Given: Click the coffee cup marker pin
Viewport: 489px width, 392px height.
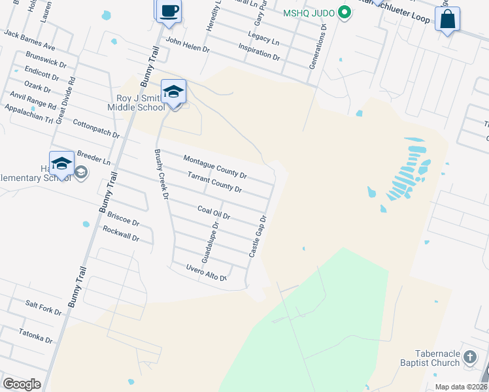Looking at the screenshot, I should [x=169, y=11].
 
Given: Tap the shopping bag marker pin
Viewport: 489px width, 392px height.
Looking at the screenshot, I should [x=447, y=19].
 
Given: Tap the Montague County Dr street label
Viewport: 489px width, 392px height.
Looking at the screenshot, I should [x=214, y=167].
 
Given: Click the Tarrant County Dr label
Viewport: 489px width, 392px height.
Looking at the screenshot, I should [x=214, y=182].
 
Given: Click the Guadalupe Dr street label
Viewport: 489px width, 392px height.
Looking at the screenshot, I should [x=209, y=242].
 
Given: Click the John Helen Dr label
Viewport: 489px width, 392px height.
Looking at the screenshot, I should [x=188, y=44].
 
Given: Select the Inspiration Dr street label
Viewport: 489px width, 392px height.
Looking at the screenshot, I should [x=259, y=52].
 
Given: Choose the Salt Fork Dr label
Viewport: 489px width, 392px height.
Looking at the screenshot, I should [x=43, y=308].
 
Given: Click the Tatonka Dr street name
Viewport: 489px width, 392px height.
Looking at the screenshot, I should [x=35, y=336].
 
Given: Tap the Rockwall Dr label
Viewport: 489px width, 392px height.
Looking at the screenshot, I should [x=121, y=233].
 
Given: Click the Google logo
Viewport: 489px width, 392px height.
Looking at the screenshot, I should [x=22, y=384].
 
